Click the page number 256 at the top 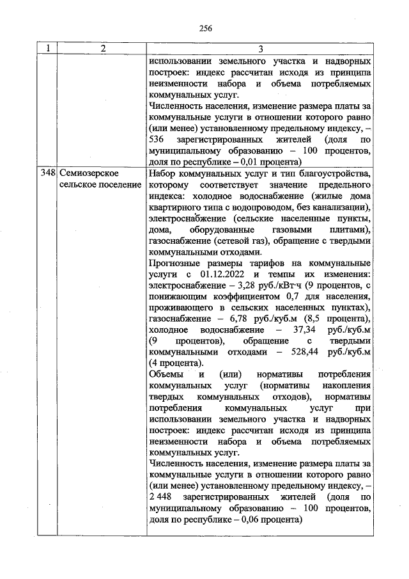[204, 28]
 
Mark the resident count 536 [156, 139]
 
